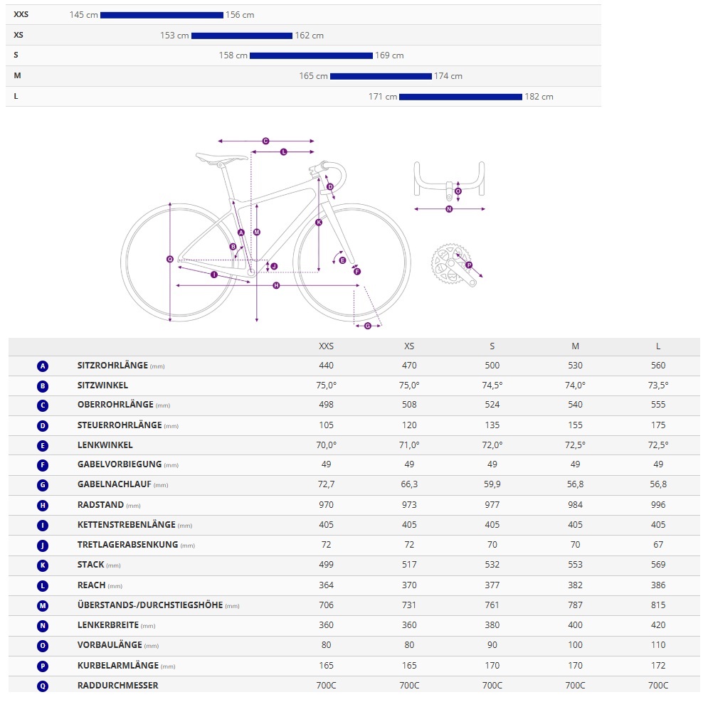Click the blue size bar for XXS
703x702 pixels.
[x=162, y=15]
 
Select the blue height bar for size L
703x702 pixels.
[x=460, y=97]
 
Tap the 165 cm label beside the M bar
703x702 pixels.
[x=313, y=76]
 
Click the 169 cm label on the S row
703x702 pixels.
[x=389, y=55]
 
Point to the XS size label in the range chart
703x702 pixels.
[x=18, y=35]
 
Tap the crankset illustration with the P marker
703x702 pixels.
[x=453, y=266]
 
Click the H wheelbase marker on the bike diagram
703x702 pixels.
[x=276, y=285]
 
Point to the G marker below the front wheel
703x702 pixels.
[x=368, y=326]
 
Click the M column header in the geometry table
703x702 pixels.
[x=575, y=346]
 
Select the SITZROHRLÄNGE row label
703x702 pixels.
[x=112, y=366]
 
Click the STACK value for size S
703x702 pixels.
[x=492, y=565]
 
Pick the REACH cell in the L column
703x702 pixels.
[x=658, y=585]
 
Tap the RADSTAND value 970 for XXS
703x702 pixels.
[x=326, y=505]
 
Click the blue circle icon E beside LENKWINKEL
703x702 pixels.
[x=43, y=446]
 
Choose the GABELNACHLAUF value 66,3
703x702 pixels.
[x=409, y=485]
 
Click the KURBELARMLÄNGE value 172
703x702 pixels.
[x=658, y=666]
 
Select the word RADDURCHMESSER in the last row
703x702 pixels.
[x=117, y=686]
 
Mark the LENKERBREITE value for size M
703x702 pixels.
[x=575, y=625]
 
